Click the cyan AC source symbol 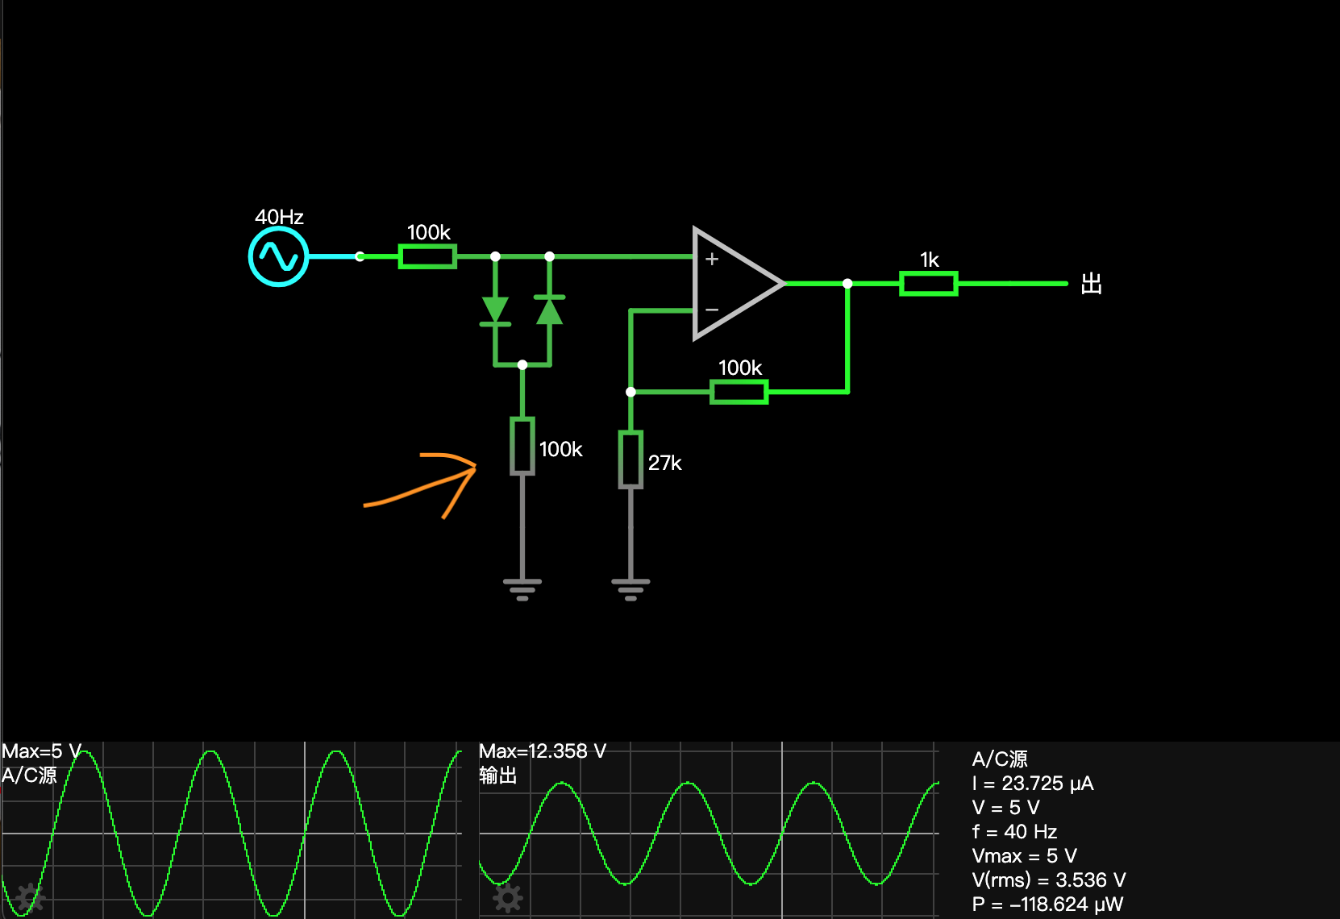(278, 257)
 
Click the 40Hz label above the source (279, 217)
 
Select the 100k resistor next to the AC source (428, 257)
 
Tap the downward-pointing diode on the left (495, 310)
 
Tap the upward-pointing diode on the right (550, 310)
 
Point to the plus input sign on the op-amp (712, 259)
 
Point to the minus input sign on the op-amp (712, 310)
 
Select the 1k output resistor (929, 284)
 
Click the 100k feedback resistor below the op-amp (739, 393)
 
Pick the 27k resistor (630, 460)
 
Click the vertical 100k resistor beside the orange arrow (522, 446)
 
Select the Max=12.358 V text (542, 751)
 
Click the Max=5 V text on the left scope (41, 751)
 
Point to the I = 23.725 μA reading (1033, 784)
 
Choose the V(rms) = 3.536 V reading (1048, 880)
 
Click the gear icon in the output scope (508, 898)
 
